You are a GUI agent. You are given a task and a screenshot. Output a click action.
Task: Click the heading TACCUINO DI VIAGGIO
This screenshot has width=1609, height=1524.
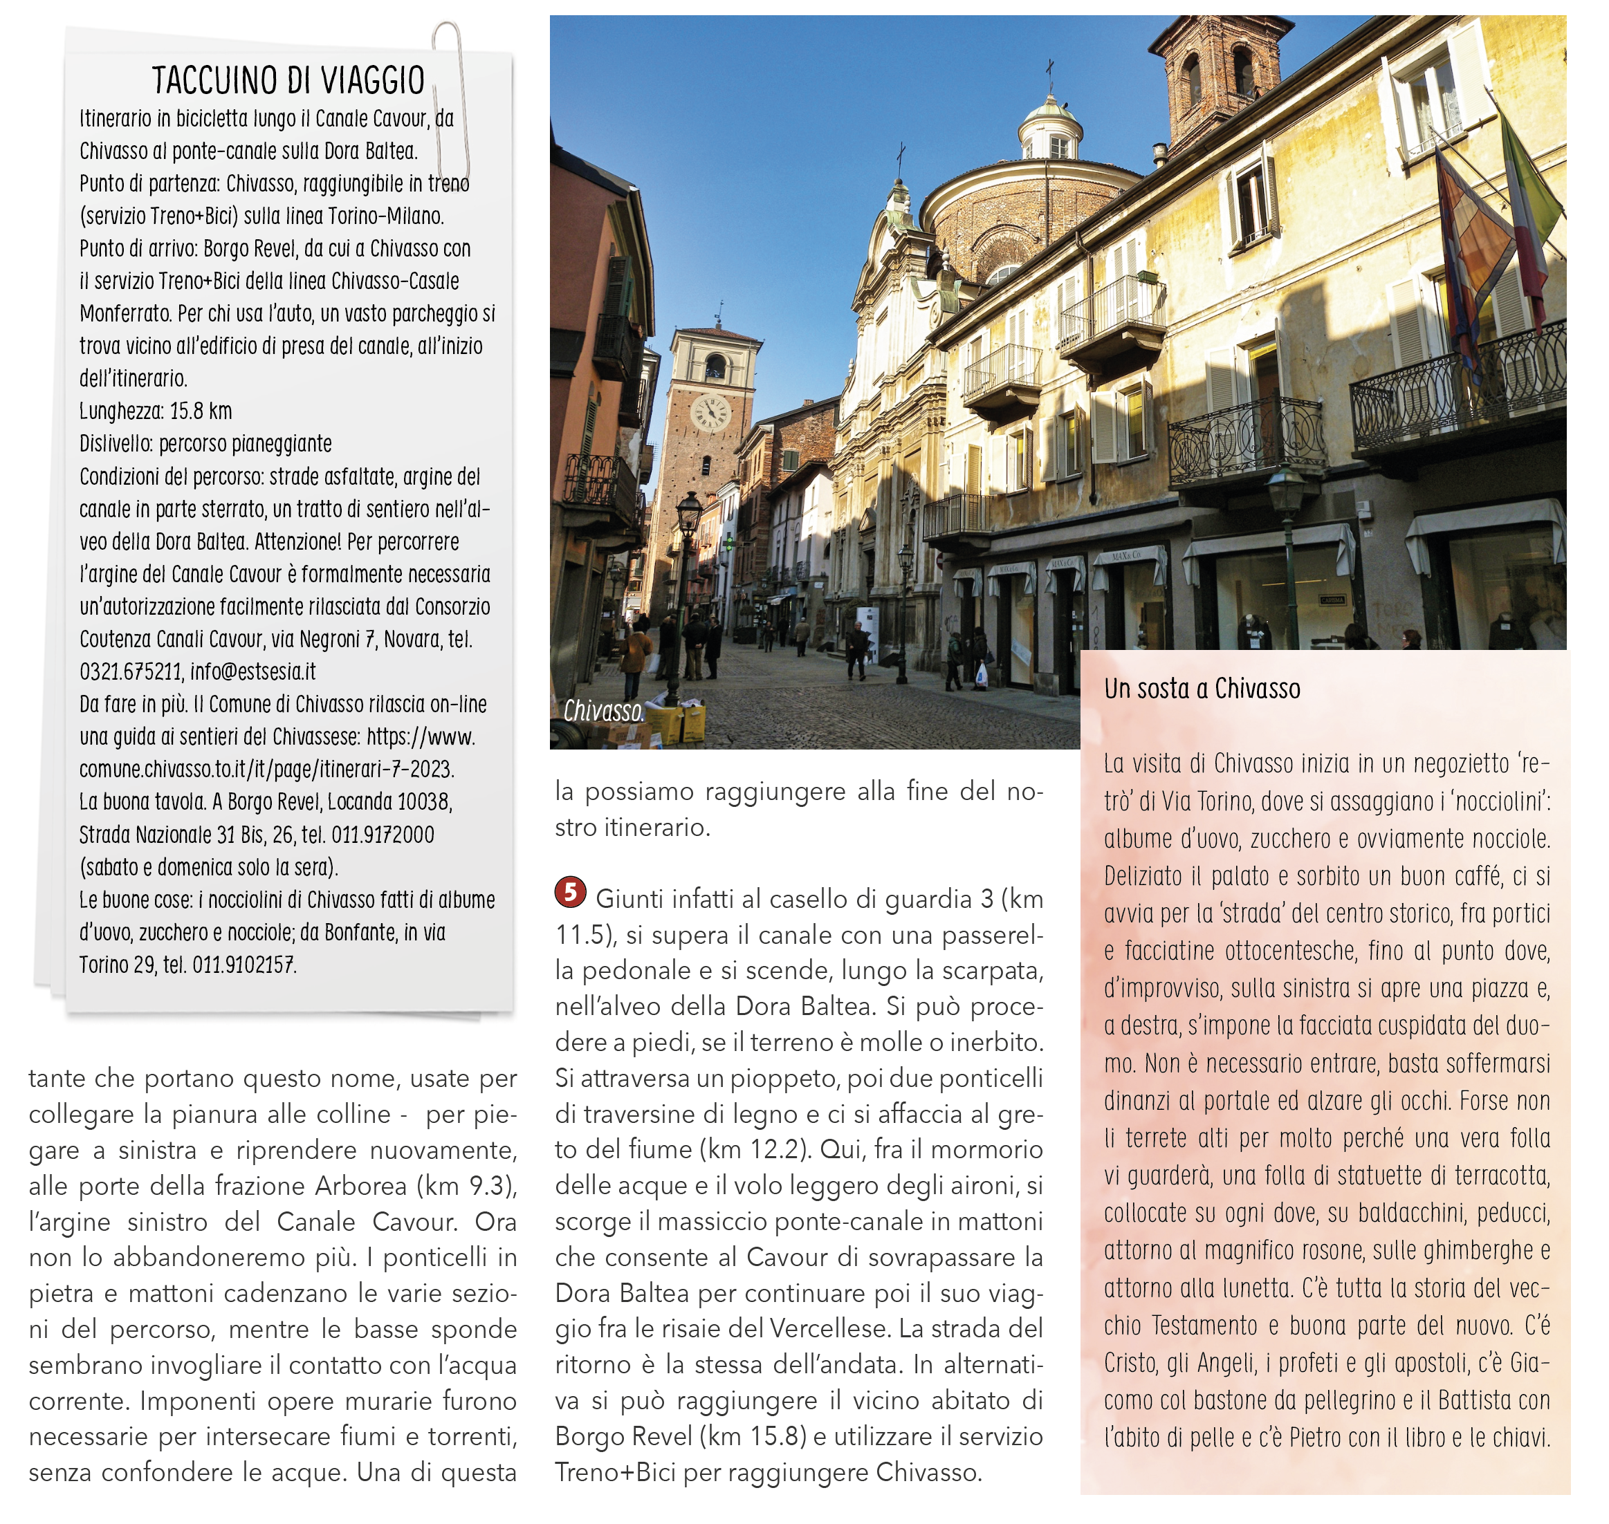point(288,80)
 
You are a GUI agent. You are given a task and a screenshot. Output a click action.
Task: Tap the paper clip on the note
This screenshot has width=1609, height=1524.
point(448,97)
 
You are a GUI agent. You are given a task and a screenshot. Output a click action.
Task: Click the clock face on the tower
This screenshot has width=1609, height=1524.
point(710,412)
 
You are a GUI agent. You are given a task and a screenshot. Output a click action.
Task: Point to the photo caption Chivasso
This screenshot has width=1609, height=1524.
point(604,712)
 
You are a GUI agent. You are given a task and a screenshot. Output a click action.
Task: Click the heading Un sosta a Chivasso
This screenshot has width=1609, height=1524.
point(1201,689)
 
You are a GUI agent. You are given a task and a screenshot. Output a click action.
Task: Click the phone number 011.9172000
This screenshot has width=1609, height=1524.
point(383,835)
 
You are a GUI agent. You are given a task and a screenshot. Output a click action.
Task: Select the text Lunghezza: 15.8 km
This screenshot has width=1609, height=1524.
point(155,411)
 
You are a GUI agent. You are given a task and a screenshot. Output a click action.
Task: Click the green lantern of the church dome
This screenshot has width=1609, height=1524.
point(1051,126)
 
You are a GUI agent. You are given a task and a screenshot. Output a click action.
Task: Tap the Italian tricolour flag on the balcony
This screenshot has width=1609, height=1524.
point(1528,211)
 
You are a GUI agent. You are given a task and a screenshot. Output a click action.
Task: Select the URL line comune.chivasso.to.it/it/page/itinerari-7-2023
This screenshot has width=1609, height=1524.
point(266,770)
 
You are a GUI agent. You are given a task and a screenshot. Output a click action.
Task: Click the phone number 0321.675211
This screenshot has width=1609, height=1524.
point(131,672)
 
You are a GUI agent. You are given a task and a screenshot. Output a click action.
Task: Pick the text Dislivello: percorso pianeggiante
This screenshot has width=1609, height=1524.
point(205,443)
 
